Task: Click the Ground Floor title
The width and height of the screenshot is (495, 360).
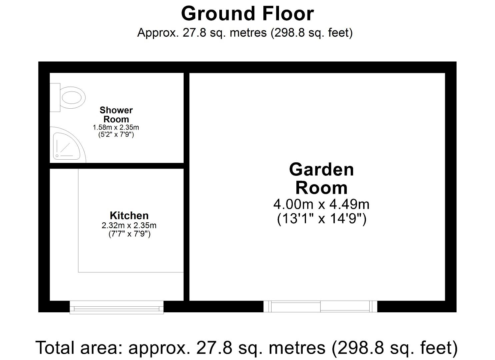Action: [x=247, y=14]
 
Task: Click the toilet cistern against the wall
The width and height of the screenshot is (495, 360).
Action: [x=55, y=97]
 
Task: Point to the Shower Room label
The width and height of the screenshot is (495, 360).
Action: [x=116, y=114]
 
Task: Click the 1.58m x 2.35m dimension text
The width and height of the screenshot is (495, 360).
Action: [x=116, y=127]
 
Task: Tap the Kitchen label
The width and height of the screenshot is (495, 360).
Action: [x=129, y=215]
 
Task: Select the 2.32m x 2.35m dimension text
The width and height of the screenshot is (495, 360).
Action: [x=129, y=225]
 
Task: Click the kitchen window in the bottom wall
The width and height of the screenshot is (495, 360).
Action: [x=116, y=307]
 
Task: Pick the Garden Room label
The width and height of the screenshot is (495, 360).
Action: [x=321, y=178]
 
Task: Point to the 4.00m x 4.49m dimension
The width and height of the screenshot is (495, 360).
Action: [x=321, y=204]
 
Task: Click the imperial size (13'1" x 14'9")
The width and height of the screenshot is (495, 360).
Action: [x=322, y=219]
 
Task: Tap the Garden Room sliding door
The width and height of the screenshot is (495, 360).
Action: [x=320, y=306]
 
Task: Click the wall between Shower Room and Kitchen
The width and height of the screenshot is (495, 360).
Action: [x=116, y=166]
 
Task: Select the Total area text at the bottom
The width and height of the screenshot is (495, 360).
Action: [x=247, y=348]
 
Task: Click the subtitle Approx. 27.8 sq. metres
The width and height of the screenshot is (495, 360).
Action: [x=245, y=33]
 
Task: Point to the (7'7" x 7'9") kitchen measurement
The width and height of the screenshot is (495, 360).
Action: [x=129, y=234]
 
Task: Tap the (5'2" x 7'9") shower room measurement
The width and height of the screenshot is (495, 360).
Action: [x=116, y=135]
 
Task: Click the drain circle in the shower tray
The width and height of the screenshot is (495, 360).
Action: [x=57, y=156]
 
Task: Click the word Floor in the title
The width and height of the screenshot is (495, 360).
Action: [x=288, y=14]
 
